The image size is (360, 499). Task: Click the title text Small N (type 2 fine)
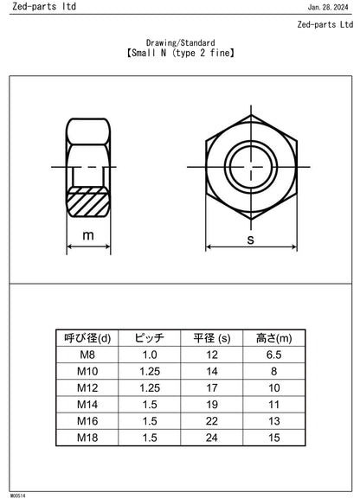[x=180, y=53]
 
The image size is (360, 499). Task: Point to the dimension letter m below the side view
[x=88, y=235]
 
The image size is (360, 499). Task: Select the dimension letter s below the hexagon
[x=250, y=238]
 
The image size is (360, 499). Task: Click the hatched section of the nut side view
[x=88, y=207]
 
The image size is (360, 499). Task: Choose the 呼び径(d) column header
[x=88, y=338]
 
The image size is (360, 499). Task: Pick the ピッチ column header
[x=150, y=338]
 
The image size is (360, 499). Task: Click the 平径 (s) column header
[x=211, y=338]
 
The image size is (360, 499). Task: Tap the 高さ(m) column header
[x=273, y=338]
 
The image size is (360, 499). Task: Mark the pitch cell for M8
[x=150, y=355]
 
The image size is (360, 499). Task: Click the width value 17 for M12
[x=211, y=387]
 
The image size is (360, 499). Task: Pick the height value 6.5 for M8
[x=273, y=355]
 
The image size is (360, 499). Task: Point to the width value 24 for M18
[x=211, y=437]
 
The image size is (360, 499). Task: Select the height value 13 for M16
[x=273, y=420]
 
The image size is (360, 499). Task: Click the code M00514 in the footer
[x=16, y=496]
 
